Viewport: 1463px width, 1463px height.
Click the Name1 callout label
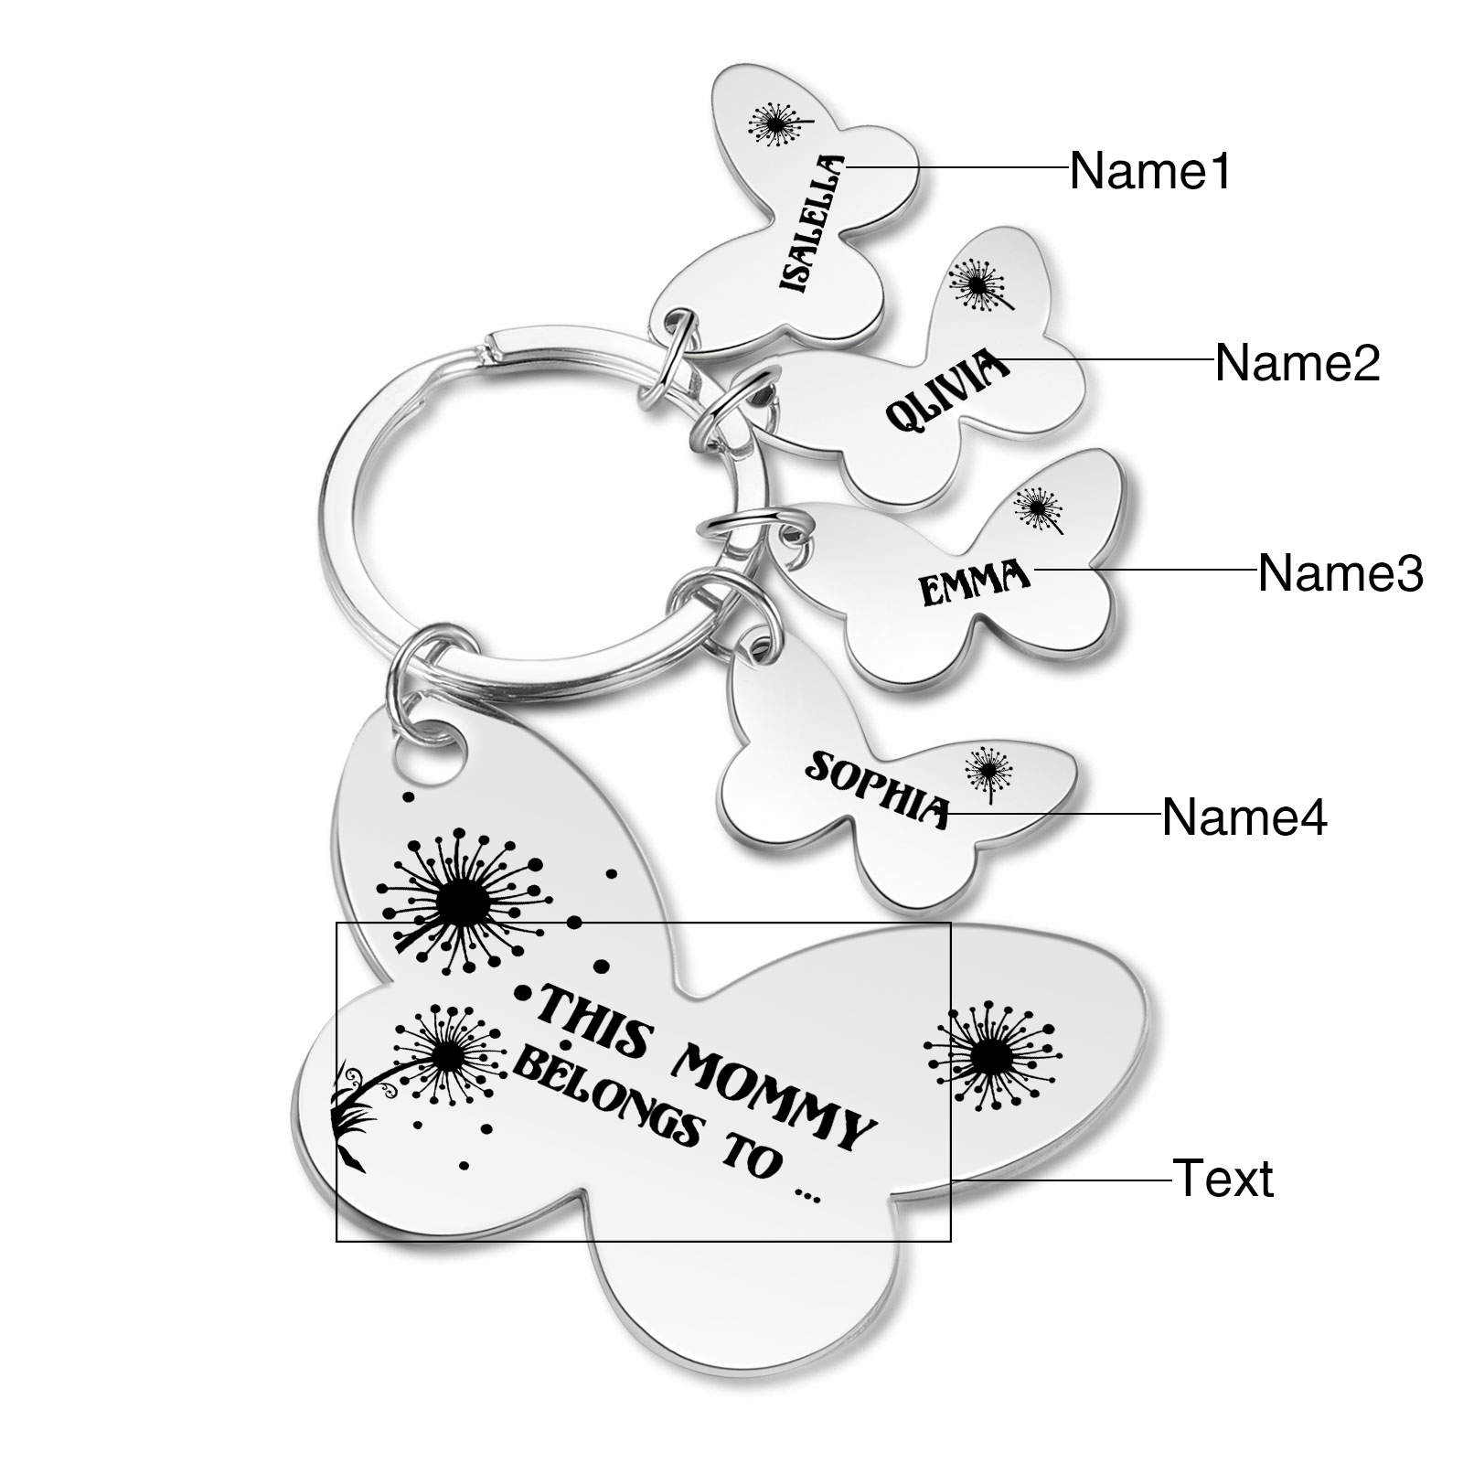pos(1150,171)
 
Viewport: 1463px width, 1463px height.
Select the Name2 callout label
pos(1297,363)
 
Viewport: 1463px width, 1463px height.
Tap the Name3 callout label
pos(1340,573)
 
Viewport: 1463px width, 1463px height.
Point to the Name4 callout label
pos(1244,817)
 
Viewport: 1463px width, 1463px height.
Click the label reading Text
pos(1223,1178)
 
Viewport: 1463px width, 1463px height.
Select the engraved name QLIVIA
pos(947,393)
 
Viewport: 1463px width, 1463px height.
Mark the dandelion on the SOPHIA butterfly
pos(987,770)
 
